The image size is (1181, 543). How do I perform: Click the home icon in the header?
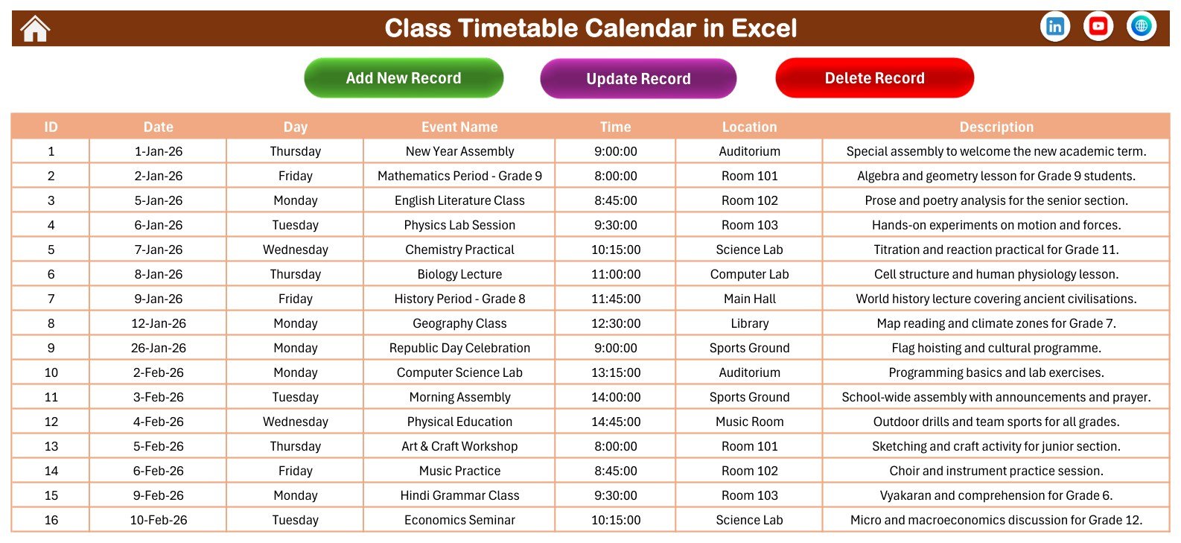coord(35,28)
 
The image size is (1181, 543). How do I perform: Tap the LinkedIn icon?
coord(1055,26)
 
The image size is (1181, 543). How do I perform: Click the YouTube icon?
coord(1098,26)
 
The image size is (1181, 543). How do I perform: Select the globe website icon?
coord(1142,26)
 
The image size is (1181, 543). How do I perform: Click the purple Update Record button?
coord(638,78)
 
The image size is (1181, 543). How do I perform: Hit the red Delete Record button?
coord(875,78)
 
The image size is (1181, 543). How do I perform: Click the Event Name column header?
coord(459,127)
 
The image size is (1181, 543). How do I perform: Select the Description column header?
coord(996,127)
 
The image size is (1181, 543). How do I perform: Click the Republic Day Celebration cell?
coord(459,348)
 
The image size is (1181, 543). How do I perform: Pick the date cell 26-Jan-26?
coord(158,348)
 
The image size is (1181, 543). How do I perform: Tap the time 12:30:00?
coord(615,323)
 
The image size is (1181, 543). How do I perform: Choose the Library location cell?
coord(749,323)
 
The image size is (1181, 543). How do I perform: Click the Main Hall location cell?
coord(749,299)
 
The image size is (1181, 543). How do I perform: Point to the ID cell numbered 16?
coord(51,520)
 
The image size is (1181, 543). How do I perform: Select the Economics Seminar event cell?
coord(459,520)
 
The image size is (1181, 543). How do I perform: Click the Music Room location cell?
coord(749,422)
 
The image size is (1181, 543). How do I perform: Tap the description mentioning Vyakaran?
coord(996,495)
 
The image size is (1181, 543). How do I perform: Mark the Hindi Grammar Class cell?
coord(459,495)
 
